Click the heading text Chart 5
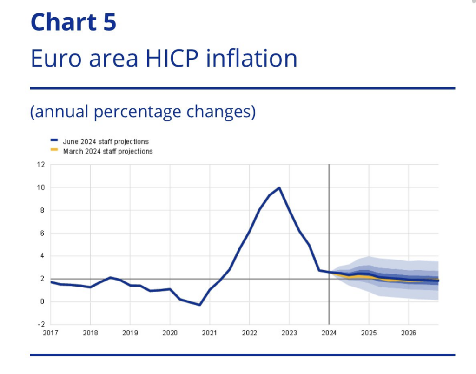(73, 22)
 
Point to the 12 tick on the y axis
(41, 165)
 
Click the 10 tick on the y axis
(41, 187)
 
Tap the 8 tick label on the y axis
(42, 210)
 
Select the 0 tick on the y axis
(42, 301)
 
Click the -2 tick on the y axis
(41, 324)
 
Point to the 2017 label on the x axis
(51, 333)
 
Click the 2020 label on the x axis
(170, 333)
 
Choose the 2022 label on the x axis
(249, 333)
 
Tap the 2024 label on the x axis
(329, 333)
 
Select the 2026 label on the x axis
(408, 333)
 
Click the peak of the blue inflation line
(279, 188)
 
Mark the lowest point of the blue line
(199, 305)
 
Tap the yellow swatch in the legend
(54, 150)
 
